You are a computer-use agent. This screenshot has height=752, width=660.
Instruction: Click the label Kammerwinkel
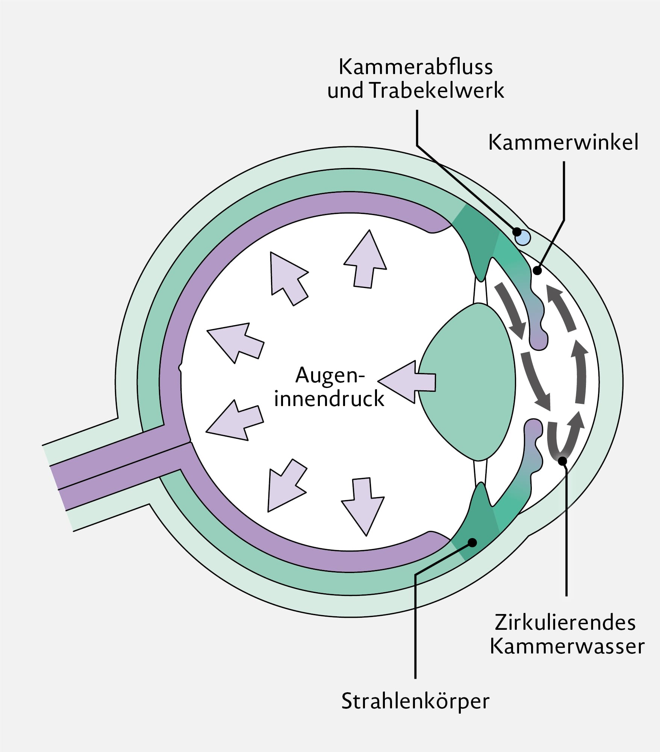[x=563, y=143]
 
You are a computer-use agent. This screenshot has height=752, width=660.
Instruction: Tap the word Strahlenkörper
[x=415, y=701]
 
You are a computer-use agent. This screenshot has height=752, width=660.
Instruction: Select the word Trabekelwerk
[x=437, y=91]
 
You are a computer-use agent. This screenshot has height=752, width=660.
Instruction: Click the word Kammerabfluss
[x=415, y=67]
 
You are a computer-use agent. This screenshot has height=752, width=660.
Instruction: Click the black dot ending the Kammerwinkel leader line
[x=537, y=270]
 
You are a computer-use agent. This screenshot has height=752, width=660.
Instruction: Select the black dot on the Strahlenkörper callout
[x=472, y=543]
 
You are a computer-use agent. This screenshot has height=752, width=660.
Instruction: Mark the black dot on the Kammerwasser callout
[x=562, y=461]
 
